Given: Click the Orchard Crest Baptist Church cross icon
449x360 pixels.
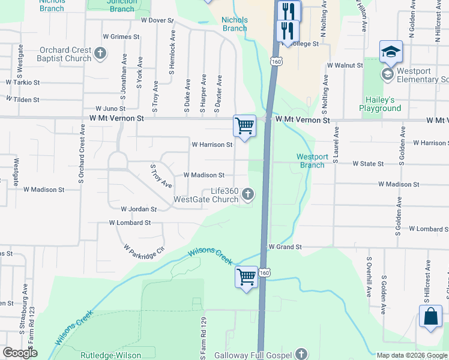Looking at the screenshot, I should click(x=100, y=54).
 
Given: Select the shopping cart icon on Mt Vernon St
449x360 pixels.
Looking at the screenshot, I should click(x=244, y=125).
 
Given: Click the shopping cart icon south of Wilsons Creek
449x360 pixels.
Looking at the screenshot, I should click(x=246, y=277).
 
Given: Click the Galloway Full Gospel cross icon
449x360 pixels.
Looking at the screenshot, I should click(x=301, y=354).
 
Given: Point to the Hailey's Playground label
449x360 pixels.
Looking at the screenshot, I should click(x=380, y=104).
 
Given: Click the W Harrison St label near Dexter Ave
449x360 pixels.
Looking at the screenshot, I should click(x=212, y=145).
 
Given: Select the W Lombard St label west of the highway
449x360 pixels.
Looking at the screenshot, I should click(x=130, y=223).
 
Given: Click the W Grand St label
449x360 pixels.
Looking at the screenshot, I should click(x=284, y=247).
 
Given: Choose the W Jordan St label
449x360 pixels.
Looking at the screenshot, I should click(x=139, y=209).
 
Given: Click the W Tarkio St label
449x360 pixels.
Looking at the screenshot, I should click(x=22, y=82).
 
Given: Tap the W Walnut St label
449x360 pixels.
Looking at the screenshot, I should click(x=345, y=65).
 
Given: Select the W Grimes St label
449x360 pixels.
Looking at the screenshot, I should click(x=121, y=37).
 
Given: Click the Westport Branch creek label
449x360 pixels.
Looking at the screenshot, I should click(x=312, y=161).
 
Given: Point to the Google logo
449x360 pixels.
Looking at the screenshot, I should click(x=20, y=353).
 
